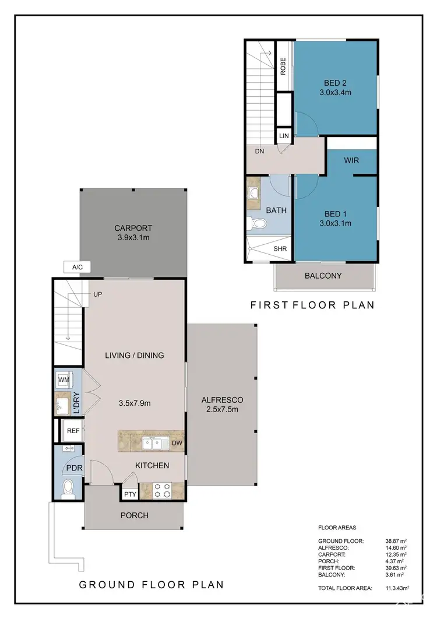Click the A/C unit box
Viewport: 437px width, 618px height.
77,267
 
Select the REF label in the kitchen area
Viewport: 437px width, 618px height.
73,431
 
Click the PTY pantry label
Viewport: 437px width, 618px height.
129,494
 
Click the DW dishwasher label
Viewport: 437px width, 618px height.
177,443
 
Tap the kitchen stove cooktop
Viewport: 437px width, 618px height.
161,490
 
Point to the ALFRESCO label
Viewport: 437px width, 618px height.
221,400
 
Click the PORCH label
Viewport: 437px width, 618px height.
135,515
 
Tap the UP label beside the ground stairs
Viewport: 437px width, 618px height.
97,295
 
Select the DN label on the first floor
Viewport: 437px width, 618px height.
259,151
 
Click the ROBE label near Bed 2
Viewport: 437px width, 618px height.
283,66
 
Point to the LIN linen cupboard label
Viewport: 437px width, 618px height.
284,136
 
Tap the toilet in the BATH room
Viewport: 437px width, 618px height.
259,223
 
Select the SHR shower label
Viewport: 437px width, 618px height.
280,249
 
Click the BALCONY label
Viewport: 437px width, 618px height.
323,276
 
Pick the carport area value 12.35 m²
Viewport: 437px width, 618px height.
395,554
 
